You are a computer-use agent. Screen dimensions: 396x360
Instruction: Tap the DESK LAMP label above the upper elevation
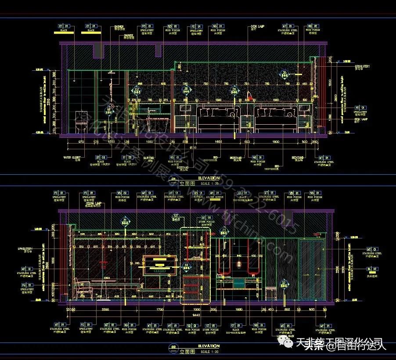coord(257,26)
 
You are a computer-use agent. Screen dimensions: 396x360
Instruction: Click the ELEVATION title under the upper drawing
coord(209,178)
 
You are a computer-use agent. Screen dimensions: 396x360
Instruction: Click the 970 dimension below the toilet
coord(81,142)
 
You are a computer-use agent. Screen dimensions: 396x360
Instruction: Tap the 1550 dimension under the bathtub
coord(148,142)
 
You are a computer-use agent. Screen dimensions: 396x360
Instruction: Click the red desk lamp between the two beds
coord(249,95)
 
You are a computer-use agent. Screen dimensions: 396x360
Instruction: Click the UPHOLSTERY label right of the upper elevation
coord(362,67)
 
